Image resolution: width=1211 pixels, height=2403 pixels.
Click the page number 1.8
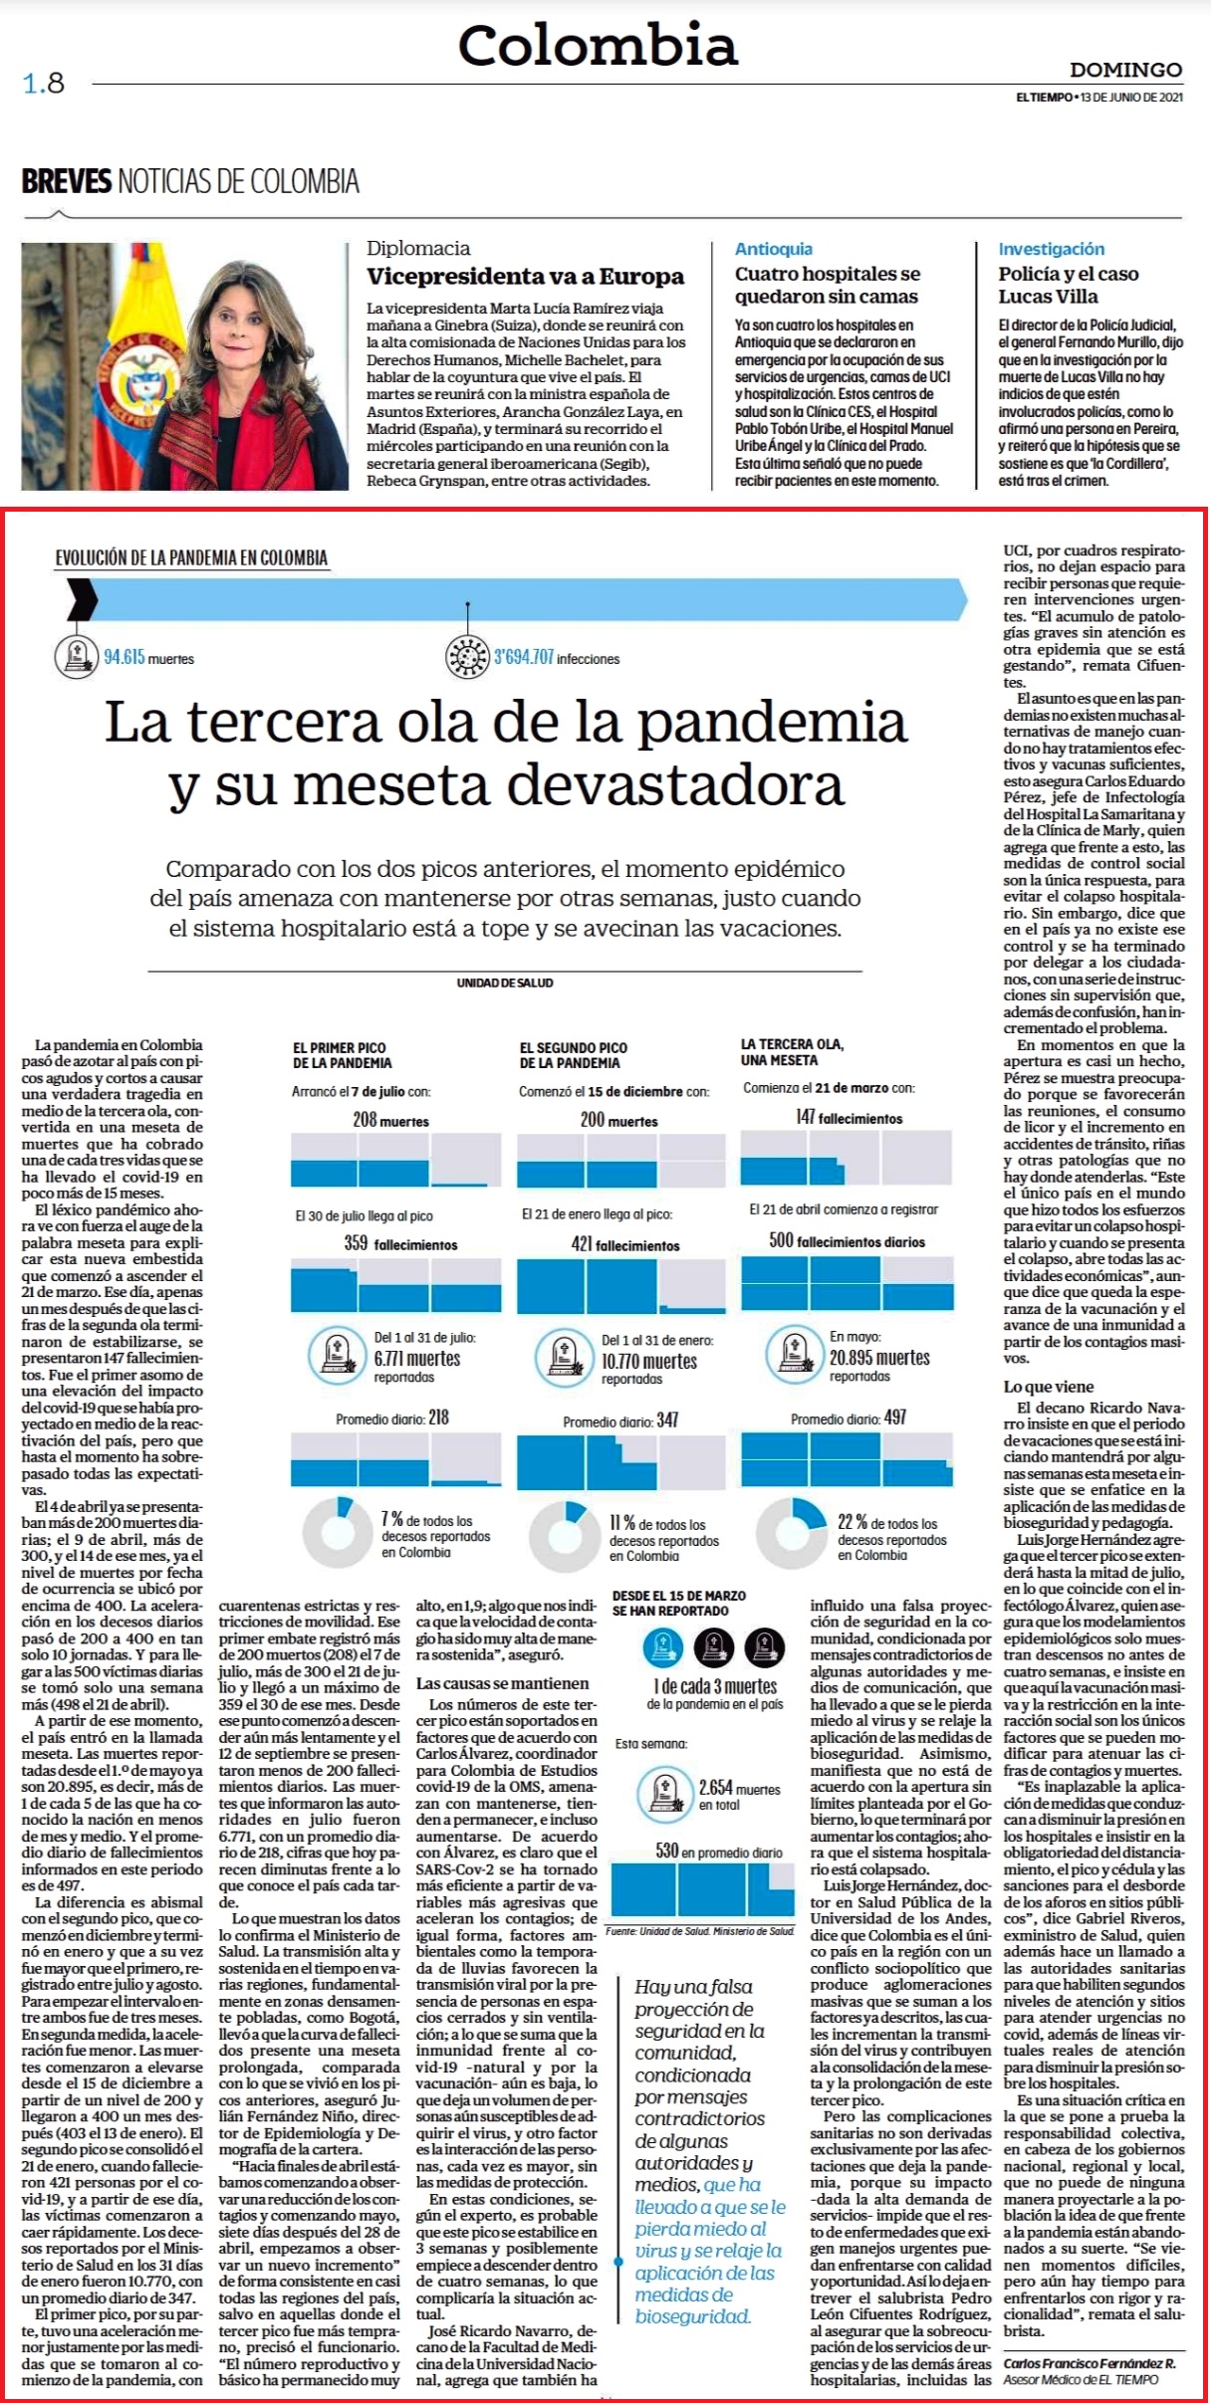(43, 83)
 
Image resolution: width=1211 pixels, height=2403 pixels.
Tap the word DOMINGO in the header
(1125, 70)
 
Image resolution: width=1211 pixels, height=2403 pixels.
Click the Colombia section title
(598, 45)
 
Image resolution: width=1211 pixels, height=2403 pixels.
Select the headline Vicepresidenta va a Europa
(525, 277)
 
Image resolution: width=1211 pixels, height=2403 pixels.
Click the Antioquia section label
(774, 249)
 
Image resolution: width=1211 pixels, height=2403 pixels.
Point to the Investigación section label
(1052, 249)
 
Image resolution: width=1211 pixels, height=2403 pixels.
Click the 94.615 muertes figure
(148, 657)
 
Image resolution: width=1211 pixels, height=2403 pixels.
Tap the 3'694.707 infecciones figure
(557, 657)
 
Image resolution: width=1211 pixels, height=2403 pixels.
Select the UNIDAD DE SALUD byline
(505, 983)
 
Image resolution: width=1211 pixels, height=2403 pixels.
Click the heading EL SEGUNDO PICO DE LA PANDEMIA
(574, 1055)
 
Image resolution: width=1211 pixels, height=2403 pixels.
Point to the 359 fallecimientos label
(400, 1244)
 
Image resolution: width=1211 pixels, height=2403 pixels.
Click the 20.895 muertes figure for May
(879, 1358)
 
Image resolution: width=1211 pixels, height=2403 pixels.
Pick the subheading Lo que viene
(1048, 1387)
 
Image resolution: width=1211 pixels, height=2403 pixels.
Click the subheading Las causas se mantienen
(502, 1683)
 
